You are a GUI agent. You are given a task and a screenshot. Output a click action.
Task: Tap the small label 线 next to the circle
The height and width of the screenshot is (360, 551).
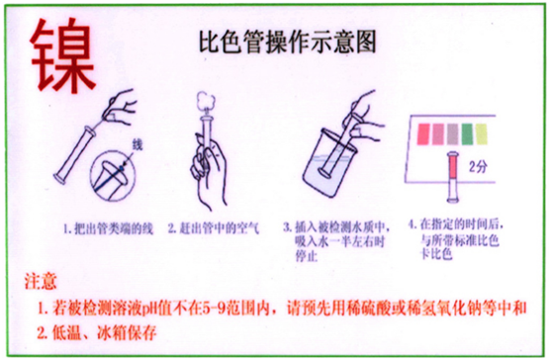[x=138, y=145]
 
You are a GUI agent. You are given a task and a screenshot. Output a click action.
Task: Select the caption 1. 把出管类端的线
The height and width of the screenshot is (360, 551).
[x=104, y=228]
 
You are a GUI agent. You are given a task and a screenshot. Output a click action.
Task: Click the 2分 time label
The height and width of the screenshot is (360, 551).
[x=480, y=165]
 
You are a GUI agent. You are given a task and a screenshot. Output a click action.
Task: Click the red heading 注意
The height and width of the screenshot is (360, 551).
[x=42, y=282]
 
